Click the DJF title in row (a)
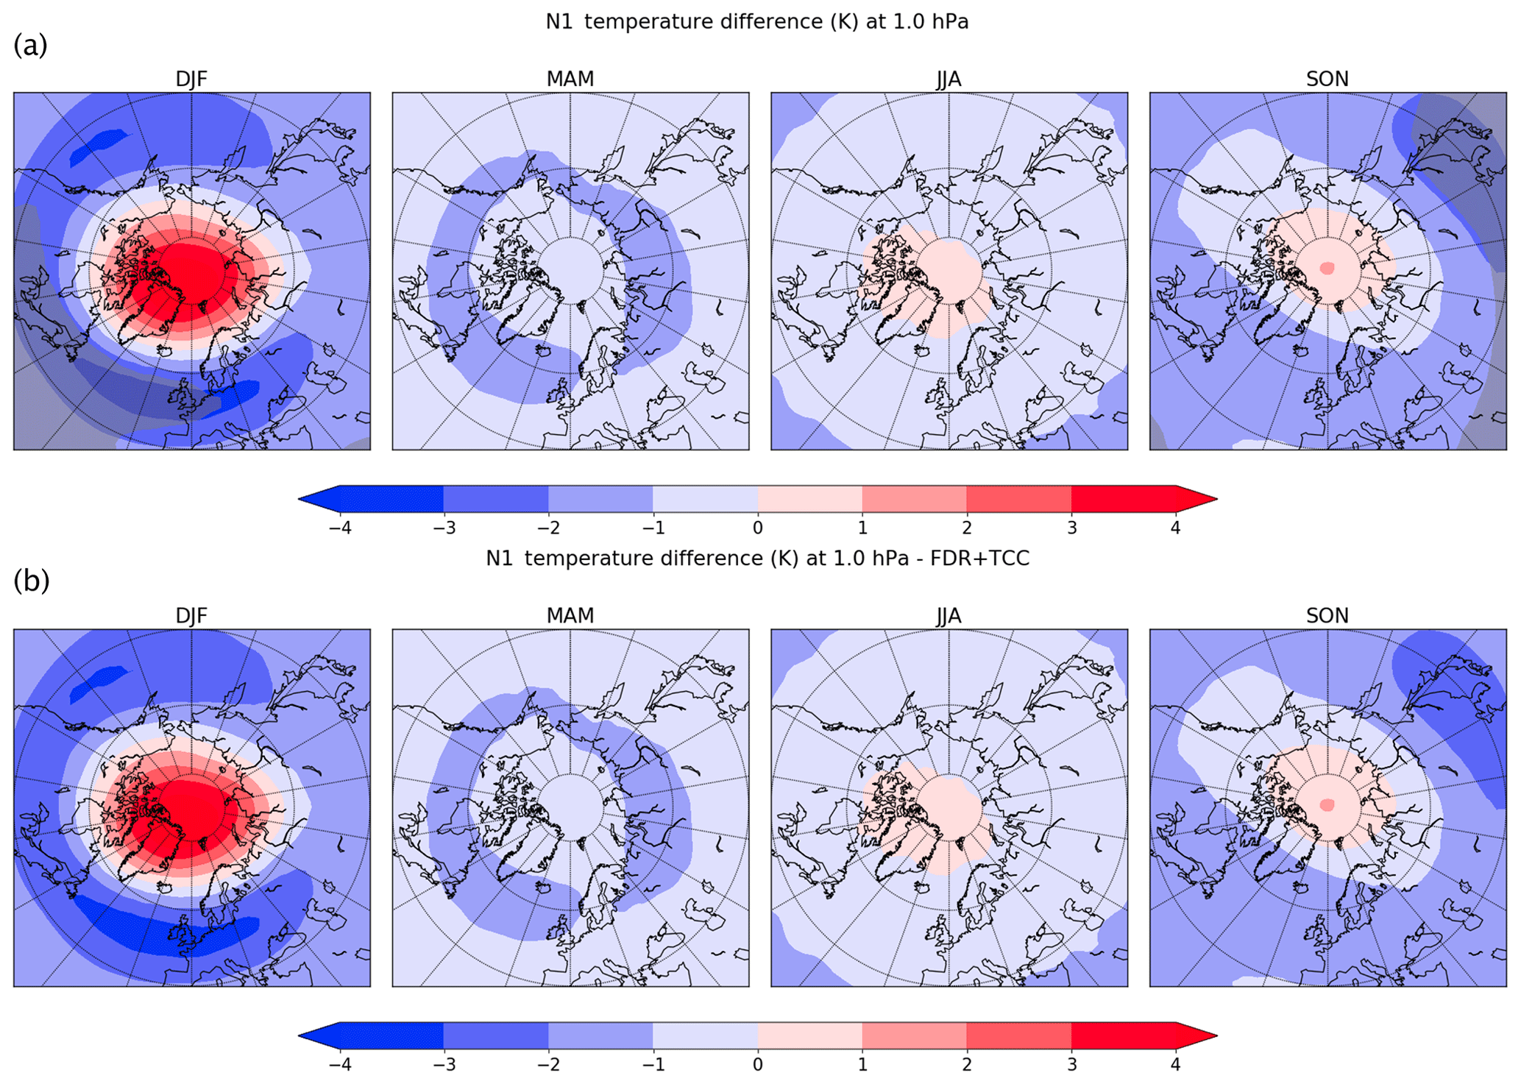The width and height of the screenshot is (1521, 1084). (191, 79)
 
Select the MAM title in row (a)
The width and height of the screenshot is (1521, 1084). (570, 79)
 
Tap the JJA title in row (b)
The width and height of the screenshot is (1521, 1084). (949, 615)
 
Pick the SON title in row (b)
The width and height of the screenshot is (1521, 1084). (1327, 615)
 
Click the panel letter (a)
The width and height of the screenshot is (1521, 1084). (30, 46)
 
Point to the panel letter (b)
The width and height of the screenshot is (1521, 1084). (31, 581)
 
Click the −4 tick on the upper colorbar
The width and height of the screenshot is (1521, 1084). (339, 528)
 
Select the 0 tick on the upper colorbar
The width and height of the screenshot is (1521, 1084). (757, 528)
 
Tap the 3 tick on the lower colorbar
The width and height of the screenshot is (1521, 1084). (1071, 1064)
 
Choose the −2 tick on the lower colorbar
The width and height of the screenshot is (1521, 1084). (548, 1064)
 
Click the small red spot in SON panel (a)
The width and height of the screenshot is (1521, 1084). (1327, 269)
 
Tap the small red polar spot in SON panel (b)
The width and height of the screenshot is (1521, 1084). (1327, 805)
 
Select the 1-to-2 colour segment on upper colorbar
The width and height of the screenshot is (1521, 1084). (914, 499)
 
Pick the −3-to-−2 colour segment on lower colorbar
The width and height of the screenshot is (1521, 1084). (496, 1035)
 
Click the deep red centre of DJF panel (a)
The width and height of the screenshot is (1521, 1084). (193, 269)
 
